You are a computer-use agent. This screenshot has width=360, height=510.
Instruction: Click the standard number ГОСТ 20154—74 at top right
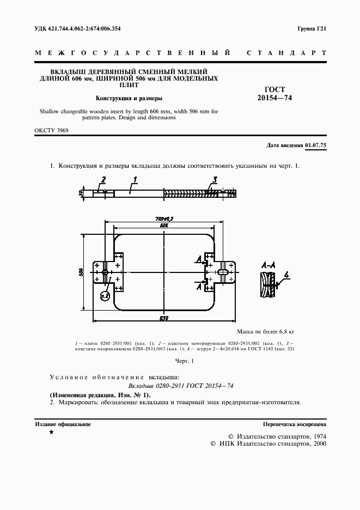coord(274,94)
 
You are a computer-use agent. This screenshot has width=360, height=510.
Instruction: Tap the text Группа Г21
coord(312,28)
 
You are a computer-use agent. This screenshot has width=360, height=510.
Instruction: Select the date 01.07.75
coord(315,145)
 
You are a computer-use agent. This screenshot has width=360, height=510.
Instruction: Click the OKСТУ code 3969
coord(60,131)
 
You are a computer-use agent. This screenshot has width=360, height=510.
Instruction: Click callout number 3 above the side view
coord(215,179)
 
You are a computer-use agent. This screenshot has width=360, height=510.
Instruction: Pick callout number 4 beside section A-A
coord(286,275)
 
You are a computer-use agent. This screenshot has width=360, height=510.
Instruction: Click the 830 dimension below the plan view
coord(164,318)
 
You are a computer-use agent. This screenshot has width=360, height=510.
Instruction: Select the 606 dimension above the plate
coord(164,225)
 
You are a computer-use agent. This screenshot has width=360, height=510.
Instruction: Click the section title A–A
coord(268,265)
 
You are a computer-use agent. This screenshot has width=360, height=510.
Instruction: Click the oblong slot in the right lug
coord(224,271)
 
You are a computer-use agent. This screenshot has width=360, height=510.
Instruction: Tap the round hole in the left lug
coord(104,271)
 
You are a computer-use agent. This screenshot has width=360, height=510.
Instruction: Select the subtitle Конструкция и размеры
coord(129,99)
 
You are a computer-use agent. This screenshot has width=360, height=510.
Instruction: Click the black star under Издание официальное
coord(51,432)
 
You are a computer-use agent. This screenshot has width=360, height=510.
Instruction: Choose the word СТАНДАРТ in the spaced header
coord(286,53)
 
